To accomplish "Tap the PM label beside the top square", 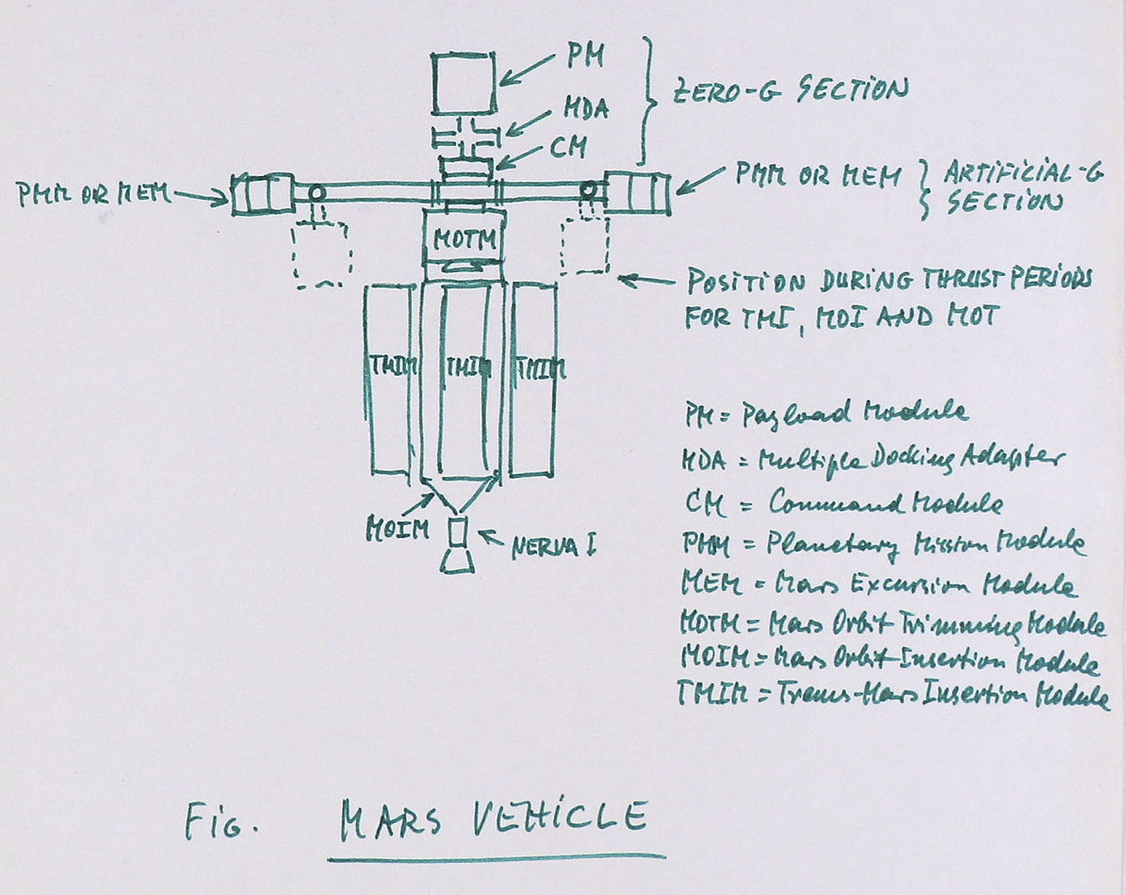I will pyautogui.click(x=583, y=59).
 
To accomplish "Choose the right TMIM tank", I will pyautogui.click(x=532, y=377).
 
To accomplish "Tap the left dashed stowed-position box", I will pyautogui.click(x=321, y=252).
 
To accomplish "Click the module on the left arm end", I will pyautogui.click(x=261, y=193).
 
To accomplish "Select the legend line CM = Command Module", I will pyautogui.click(x=840, y=503).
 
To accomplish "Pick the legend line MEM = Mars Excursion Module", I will pyautogui.click(x=877, y=585).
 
